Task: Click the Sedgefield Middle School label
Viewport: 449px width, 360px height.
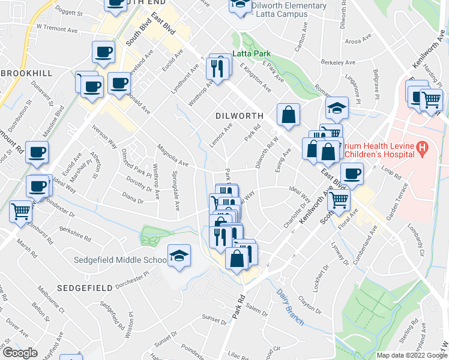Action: (120, 260)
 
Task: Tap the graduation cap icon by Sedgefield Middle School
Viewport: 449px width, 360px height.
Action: (179, 257)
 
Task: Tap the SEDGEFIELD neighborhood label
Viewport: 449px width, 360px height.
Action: (85, 288)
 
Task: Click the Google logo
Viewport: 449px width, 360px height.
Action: (20, 353)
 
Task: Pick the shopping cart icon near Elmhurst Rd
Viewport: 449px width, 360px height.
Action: (21, 212)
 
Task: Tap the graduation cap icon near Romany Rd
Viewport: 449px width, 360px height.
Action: (337, 109)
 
